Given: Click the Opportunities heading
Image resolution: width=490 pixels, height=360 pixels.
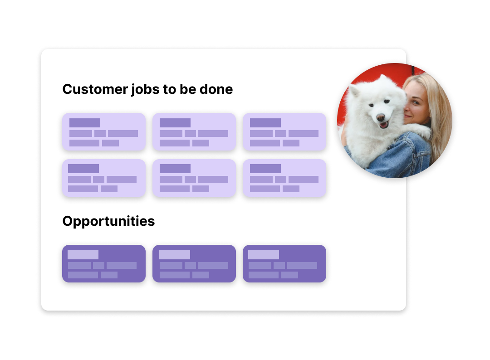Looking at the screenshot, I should pos(108,221).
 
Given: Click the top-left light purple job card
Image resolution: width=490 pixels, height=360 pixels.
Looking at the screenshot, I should pos(104,131).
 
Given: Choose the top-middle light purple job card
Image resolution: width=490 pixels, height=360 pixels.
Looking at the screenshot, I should pos(194,131).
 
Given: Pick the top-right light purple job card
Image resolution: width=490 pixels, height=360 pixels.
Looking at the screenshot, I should pos(284,131).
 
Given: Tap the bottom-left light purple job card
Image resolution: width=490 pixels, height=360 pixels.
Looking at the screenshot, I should pos(104,178).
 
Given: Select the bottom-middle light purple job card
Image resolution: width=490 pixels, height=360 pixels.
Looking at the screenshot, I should pos(194,178).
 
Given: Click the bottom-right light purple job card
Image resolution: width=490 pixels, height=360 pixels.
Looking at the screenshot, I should pos(284,178).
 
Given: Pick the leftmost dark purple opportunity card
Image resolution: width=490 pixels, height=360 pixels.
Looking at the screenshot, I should pos(104,263).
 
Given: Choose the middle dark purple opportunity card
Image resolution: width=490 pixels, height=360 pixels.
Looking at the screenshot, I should pos(194,263).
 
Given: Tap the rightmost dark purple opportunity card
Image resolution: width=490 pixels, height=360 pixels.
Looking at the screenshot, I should pos(284,263).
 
